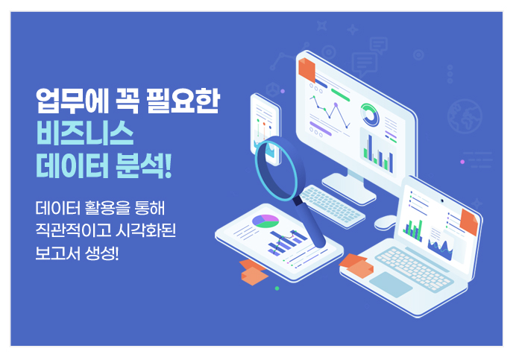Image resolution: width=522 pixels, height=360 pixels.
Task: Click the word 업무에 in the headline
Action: click(72, 101)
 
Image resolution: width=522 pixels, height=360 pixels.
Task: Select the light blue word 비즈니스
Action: click(85, 133)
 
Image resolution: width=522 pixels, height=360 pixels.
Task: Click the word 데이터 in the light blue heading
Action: click(72, 165)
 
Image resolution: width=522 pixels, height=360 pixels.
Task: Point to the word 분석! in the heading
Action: click(144, 165)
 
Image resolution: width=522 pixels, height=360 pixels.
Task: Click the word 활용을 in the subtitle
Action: click(107, 208)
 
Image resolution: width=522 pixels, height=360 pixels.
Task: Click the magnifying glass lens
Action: click(276, 170)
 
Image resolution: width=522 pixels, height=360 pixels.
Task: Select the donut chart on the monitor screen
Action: click(370, 115)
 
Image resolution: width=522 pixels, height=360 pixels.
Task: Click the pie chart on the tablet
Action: click(265, 221)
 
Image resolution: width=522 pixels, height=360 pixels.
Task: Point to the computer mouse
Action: click(386, 222)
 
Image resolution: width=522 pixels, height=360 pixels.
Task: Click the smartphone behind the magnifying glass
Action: click(265, 129)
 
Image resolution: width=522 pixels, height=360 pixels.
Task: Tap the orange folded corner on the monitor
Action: click(306, 70)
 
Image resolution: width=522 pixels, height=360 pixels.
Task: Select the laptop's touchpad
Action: click(391, 284)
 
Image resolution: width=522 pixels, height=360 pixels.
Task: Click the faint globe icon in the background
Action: click(465, 116)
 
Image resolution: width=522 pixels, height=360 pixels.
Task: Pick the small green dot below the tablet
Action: click(277, 288)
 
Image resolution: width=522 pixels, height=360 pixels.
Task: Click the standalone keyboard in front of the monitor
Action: click(333, 206)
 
